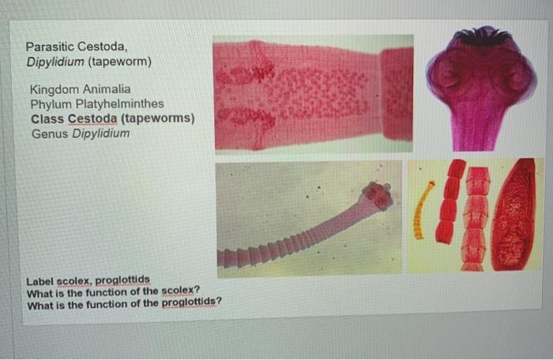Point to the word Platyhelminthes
click(121, 104)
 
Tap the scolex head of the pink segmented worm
click(377, 195)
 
